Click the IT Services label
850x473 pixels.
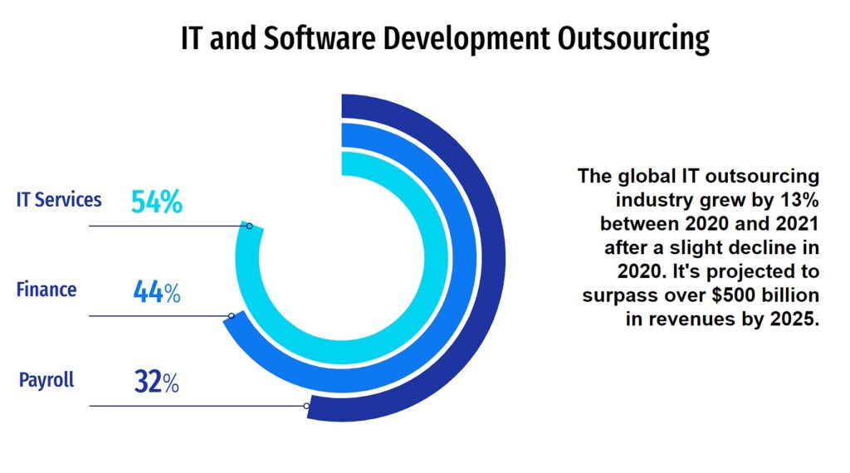(59, 200)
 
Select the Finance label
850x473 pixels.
(46, 290)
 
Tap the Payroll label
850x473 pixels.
(46, 380)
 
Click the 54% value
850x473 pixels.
(156, 202)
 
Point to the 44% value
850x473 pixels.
(156, 292)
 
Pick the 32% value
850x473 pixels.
(156, 383)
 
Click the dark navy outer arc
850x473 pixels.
(493, 257)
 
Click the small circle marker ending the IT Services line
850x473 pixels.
(248, 226)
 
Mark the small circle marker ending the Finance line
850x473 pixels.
(232, 316)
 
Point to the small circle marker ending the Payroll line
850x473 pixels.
(307, 406)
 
